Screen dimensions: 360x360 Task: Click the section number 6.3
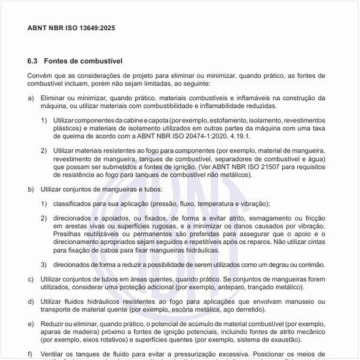click(33, 61)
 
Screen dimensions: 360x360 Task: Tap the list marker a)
click(31, 98)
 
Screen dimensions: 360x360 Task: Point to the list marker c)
click(31, 279)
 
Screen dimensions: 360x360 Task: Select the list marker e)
click(31, 324)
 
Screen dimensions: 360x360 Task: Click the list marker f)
click(30, 353)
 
